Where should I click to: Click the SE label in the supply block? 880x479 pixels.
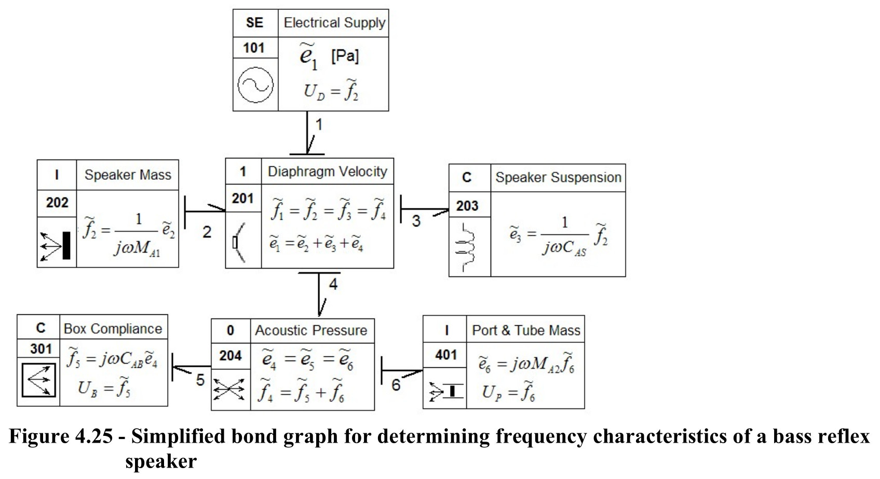point(254,22)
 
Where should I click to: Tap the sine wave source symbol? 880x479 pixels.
point(255,85)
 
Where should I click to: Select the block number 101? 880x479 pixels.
point(254,48)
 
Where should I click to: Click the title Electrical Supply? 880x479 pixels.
point(334,23)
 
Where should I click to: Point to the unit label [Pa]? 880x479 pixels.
point(345,56)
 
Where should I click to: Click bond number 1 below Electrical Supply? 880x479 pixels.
point(319,125)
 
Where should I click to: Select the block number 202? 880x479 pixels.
point(57,203)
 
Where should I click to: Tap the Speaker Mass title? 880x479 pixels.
point(128,175)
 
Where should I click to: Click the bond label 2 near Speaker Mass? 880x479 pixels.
point(207,232)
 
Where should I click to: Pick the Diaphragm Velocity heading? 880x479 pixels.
point(327,171)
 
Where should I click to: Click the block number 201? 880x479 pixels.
point(242,198)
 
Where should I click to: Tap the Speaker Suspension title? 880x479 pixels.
point(558,177)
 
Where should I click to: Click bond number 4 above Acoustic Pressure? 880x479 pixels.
point(333,284)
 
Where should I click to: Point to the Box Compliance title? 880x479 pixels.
point(113,329)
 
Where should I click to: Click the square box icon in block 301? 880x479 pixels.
point(38,380)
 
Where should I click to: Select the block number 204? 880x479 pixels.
point(230,356)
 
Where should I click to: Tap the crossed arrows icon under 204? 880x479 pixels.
point(229,389)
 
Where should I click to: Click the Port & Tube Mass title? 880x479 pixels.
point(526,330)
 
